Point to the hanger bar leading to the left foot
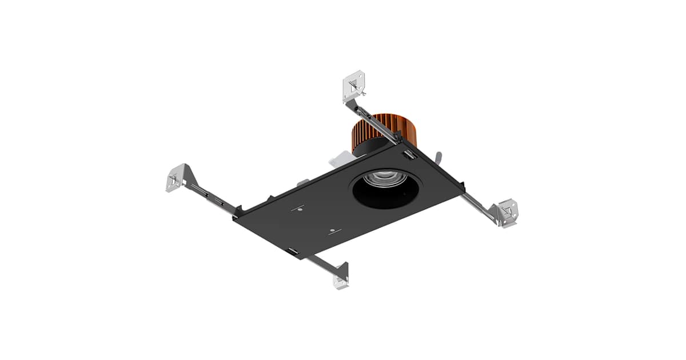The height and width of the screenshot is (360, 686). click(x=212, y=198)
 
